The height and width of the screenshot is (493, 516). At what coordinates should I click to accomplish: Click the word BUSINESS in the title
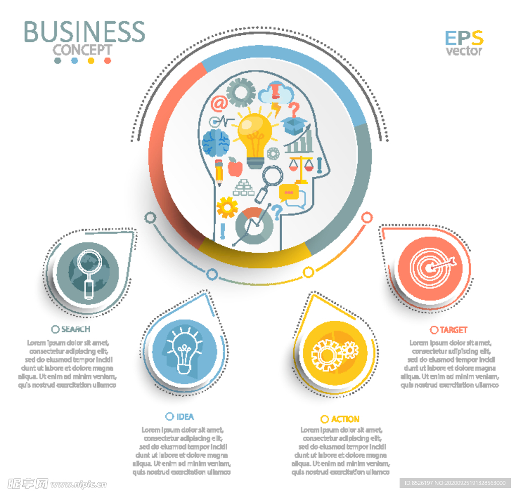point(84,32)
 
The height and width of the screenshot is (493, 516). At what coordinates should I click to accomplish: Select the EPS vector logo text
point(464,43)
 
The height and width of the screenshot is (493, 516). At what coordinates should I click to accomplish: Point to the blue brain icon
point(216,142)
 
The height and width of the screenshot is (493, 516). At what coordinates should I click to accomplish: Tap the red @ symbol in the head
point(219,104)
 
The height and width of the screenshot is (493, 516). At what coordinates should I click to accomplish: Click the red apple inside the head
point(235,167)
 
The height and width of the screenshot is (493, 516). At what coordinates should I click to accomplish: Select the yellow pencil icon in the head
point(219,172)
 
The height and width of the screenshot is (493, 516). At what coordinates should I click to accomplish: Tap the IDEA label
point(185,417)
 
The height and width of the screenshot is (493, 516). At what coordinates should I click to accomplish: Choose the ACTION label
point(345,419)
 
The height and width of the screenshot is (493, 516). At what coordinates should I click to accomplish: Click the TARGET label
point(454,330)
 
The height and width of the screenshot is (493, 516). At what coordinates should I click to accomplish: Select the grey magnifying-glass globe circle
point(87,270)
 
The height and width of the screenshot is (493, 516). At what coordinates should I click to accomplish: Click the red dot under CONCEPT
point(107,61)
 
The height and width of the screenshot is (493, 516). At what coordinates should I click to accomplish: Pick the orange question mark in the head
point(294,108)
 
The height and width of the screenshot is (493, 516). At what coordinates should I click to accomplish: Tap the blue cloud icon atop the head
point(276,94)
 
